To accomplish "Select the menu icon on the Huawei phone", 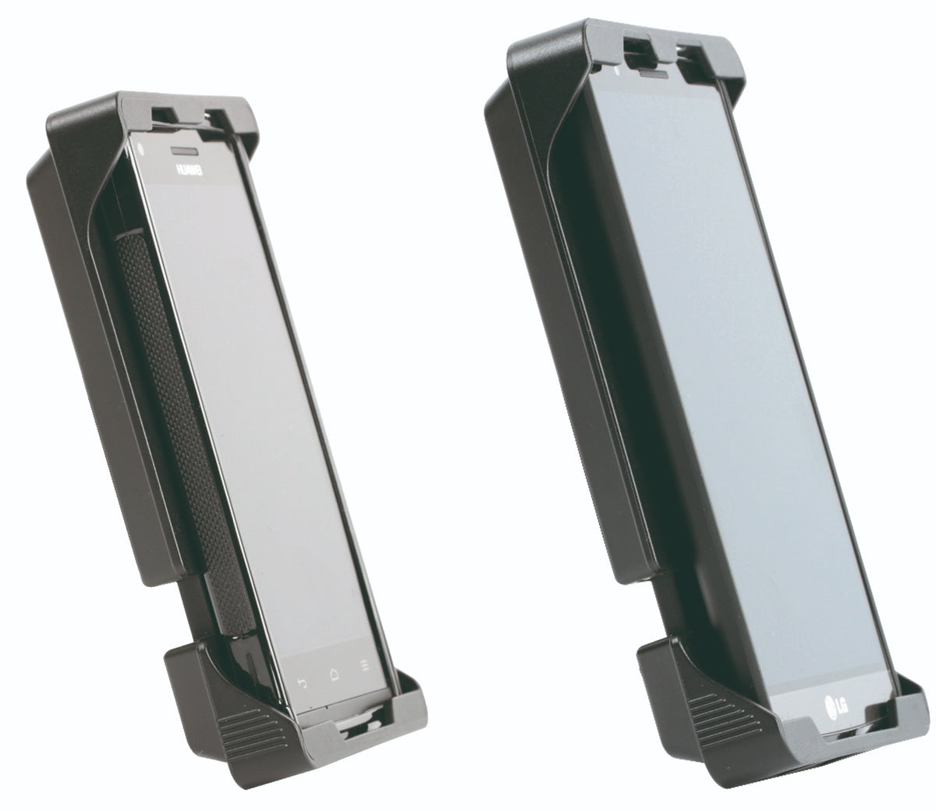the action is tap(364, 666).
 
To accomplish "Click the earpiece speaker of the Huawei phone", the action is tap(185, 150).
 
